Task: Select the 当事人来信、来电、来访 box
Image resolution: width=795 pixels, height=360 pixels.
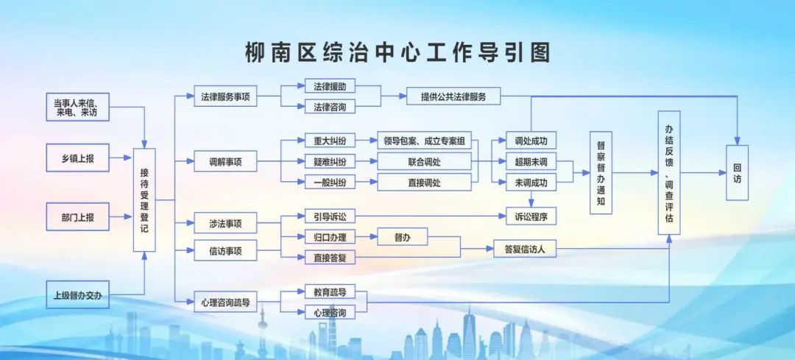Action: click(x=77, y=107)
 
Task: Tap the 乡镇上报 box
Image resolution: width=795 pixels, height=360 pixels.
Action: click(x=77, y=158)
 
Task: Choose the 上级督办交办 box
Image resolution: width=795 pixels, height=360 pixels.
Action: click(x=77, y=294)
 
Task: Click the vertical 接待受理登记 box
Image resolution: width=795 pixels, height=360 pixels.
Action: click(x=144, y=200)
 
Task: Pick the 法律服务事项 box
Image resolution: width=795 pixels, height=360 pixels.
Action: click(x=226, y=96)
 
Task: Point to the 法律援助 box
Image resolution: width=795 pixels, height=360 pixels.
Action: click(x=330, y=86)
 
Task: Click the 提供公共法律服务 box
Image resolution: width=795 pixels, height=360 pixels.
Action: click(x=453, y=96)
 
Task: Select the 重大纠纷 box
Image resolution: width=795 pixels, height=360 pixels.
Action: click(x=330, y=141)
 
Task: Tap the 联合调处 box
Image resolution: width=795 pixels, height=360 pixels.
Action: click(x=425, y=162)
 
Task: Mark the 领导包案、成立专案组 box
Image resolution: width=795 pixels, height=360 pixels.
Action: click(x=425, y=141)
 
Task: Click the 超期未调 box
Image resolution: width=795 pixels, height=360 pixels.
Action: click(x=531, y=162)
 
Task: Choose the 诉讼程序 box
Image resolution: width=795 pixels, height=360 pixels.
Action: click(x=531, y=216)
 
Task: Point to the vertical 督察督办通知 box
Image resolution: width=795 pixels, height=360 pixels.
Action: click(x=601, y=172)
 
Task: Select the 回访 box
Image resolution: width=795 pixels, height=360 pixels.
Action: click(x=737, y=172)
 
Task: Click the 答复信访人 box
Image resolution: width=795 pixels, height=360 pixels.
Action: click(x=525, y=248)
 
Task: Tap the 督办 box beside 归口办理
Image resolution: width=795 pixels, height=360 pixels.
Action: click(x=403, y=237)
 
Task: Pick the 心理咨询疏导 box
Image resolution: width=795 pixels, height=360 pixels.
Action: click(x=226, y=303)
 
